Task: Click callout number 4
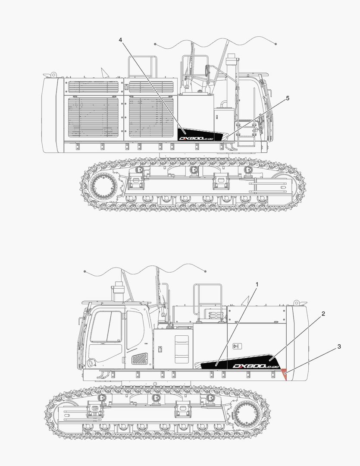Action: click(121, 40)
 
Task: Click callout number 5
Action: click(288, 98)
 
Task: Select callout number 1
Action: click(257, 285)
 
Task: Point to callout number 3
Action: click(339, 346)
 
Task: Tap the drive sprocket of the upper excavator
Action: click(103, 186)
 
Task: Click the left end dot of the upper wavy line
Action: click(155, 44)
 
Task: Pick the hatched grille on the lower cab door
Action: click(139, 358)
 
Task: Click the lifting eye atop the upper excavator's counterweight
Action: click(53, 75)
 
